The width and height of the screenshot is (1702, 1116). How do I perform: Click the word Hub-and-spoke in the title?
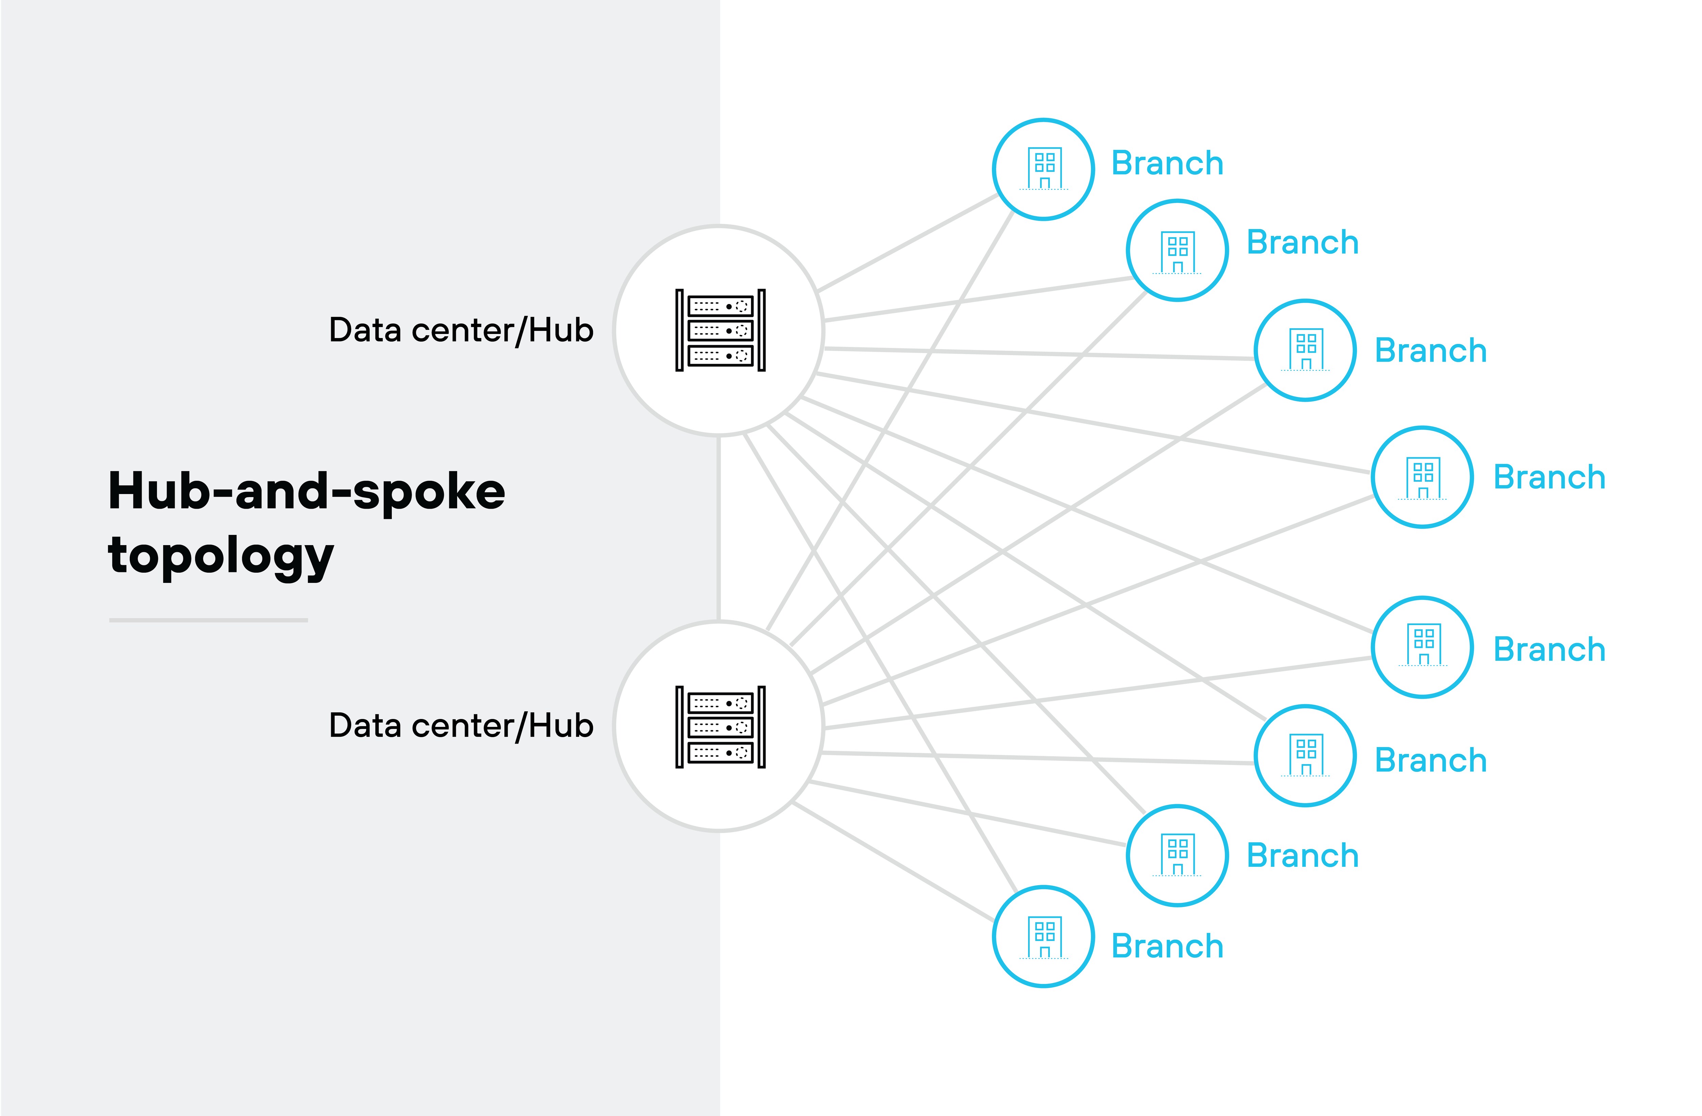click(x=306, y=492)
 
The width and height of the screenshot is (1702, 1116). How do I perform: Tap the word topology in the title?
click(x=220, y=557)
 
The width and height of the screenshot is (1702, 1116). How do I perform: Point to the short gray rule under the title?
click(x=208, y=620)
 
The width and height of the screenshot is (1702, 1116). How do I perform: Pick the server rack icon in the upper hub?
click(x=720, y=331)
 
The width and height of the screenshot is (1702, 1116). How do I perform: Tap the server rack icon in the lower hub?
click(x=720, y=727)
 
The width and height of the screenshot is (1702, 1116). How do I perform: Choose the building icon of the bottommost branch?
click(x=1044, y=937)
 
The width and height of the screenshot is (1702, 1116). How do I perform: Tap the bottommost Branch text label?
click(x=1167, y=946)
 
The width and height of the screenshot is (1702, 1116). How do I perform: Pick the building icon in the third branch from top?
click(x=1306, y=350)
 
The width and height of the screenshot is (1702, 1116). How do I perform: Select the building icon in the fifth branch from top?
click(x=1423, y=647)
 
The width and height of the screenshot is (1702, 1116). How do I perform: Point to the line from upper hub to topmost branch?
click(x=908, y=243)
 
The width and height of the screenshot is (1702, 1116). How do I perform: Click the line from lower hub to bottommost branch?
click(x=894, y=862)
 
